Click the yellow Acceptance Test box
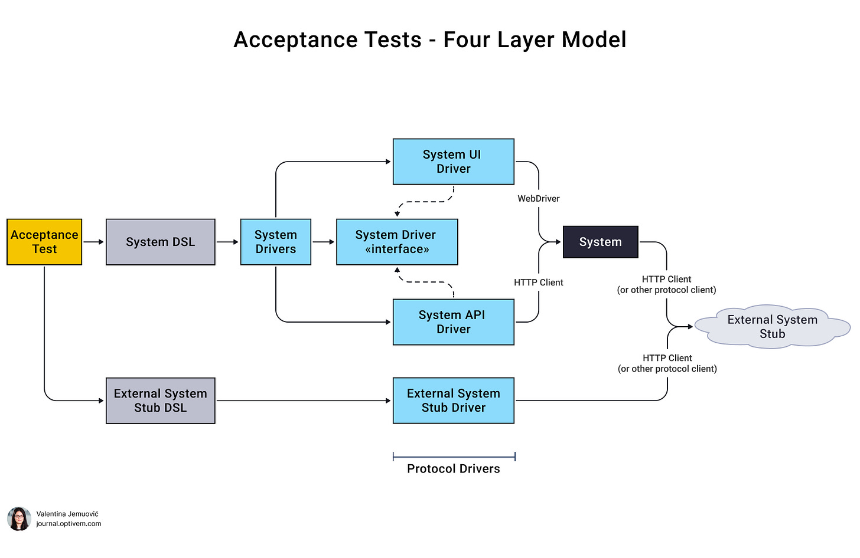[44, 242]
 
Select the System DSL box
[161, 242]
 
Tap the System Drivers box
[276, 242]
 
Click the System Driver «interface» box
[397, 242]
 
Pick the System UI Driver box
[454, 162]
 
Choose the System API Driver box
[454, 322]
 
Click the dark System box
[601, 242]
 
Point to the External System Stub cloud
[773, 327]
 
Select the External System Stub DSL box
[161, 401]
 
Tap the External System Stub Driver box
[454, 401]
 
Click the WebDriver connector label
[538, 199]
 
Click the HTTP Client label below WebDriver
[538, 283]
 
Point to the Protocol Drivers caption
[454, 469]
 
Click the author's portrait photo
[19, 519]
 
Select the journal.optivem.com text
[69, 524]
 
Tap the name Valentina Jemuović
[67, 514]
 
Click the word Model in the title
[594, 40]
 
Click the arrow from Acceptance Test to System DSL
[94, 242]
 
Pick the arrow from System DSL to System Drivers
[227, 242]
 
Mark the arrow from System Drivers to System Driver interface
[324, 242]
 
